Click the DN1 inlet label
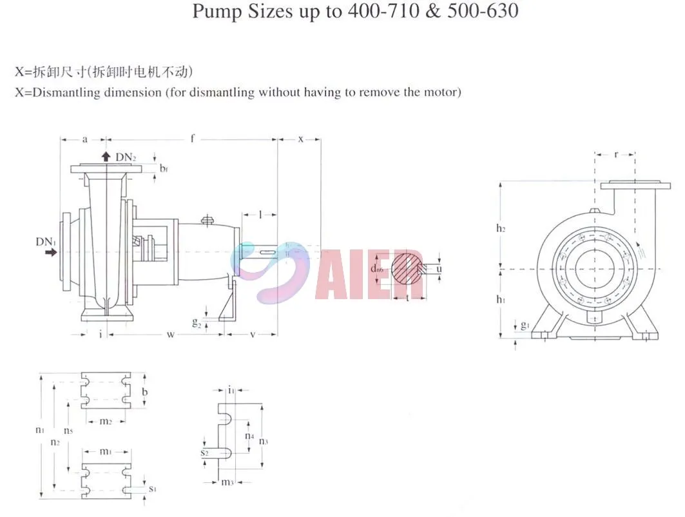coord(44,242)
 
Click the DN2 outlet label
coord(126,157)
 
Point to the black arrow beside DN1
coord(50,253)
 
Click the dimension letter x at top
coord(300,139)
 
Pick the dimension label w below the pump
coord(170,334)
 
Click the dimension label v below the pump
coord(251,334)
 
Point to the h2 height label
coord(501,228)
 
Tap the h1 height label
coord(501,299)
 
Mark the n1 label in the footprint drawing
coord(40,429)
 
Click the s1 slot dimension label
coord(152,489)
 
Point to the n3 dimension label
coord(264,441)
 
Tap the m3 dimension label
coord(226,482)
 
